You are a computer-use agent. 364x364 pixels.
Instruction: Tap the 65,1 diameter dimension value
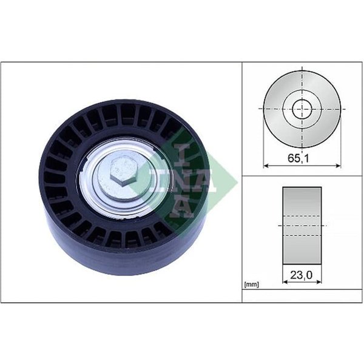[298, 158]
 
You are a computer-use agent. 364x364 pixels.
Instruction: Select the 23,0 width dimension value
[302, 275]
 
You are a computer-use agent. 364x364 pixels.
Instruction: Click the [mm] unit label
[251, 284]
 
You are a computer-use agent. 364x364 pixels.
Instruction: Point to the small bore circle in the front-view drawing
[292, 109]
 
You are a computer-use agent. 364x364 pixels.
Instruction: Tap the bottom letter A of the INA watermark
[181, 207]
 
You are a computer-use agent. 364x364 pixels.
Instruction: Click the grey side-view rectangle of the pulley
[302, 226]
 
